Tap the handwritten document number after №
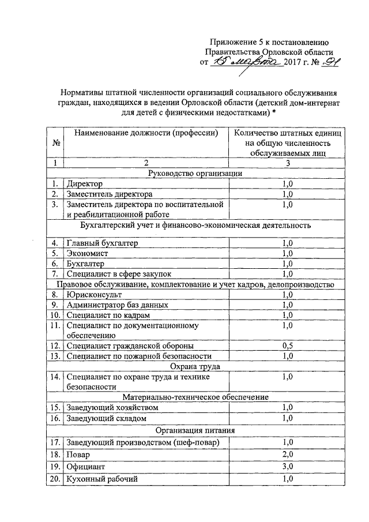point(327,62)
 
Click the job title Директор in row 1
point(84,184)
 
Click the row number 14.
point(55,377)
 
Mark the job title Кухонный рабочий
point(102,479)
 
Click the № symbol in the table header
point(56,142)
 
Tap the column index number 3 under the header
point(288,163)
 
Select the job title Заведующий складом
point(107,418)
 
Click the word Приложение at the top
point(232,42)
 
